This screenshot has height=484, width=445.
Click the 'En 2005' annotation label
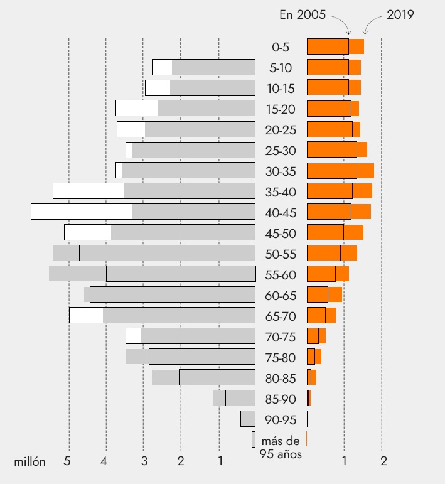click(303, 15)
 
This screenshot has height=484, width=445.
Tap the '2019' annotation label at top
click(400, 15)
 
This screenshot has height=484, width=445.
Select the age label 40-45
click(281, 212)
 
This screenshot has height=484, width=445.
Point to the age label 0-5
click(281, 46)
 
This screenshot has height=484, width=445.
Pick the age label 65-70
click(281, 316)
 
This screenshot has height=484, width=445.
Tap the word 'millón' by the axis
click(30, 462)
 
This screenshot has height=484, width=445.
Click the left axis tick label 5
click(68, 462)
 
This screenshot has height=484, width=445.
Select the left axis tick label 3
click(144, 462)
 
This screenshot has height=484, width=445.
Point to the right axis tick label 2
click(383, 462)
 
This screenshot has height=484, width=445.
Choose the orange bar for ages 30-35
click(340, 171)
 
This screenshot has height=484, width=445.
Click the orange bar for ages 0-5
click(335, 46)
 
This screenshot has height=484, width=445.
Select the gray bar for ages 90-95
click(248, 419)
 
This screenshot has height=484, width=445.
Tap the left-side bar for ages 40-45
click(143, 212)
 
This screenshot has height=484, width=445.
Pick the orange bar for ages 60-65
click(324, 294)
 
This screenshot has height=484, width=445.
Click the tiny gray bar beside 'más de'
click(254, 439)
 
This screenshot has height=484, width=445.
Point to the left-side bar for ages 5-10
click(203, 67)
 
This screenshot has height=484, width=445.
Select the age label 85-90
click(281, 399)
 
